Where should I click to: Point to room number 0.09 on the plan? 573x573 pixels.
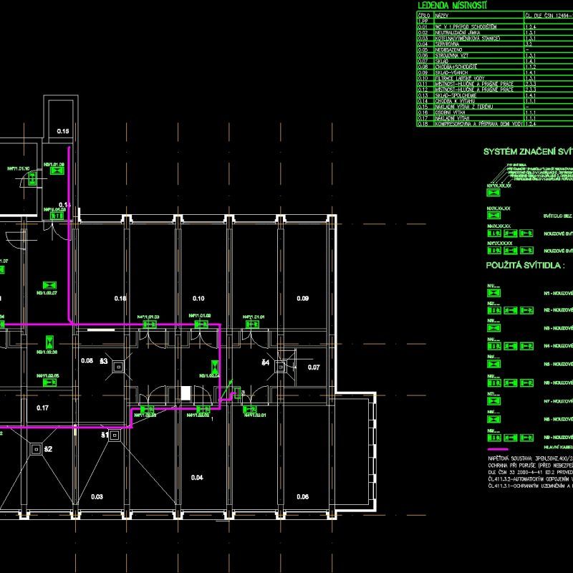[302, 298]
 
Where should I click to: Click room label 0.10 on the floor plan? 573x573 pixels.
[198, 298]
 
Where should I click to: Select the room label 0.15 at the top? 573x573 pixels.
[63, 132]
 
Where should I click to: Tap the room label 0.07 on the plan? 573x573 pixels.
[314, 367]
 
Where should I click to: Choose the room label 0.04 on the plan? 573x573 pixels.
[198, 477]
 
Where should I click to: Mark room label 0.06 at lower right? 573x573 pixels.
[302, 496]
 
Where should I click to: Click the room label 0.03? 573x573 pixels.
[97, 496]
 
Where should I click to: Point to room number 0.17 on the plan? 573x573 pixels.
[43, 408]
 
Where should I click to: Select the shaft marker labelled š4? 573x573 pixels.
[265, 364]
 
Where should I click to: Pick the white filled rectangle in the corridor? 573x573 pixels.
[186, 393]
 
